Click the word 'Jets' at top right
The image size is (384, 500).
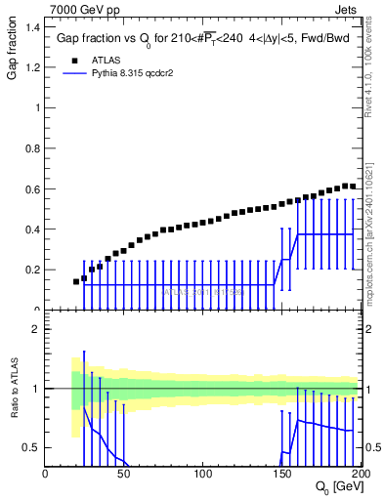(x=347, y=11)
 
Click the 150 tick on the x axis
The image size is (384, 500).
(x=283, y=474)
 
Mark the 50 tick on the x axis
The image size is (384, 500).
(x=125, y=474)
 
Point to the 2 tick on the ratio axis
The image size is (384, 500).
(x=36, y=330)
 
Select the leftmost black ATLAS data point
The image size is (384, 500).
(x=76, y=281)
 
